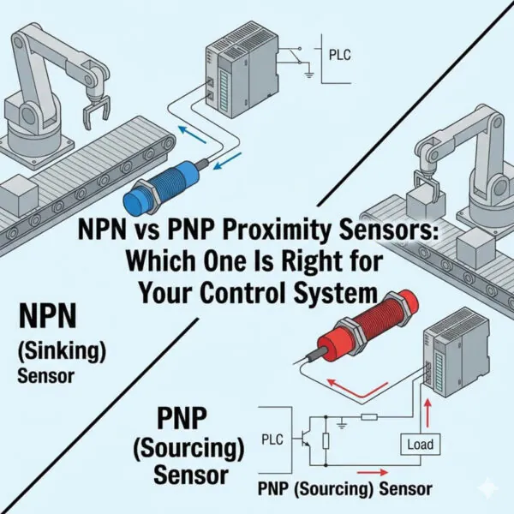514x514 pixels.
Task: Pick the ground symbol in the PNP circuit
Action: pos(342,422)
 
